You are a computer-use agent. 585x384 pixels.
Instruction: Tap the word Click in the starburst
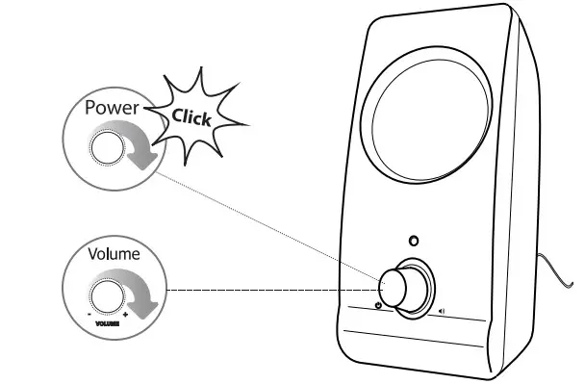192,117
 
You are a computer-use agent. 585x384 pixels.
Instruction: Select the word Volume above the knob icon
114,255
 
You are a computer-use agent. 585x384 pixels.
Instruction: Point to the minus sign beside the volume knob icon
88,313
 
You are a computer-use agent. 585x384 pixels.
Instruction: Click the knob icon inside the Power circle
104,147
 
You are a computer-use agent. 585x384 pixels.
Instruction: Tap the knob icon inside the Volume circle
106,293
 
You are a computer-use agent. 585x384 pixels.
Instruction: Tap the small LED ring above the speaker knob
415,241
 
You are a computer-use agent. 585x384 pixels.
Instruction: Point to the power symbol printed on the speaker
379,307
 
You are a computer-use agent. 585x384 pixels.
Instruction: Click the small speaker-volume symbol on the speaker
442,311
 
